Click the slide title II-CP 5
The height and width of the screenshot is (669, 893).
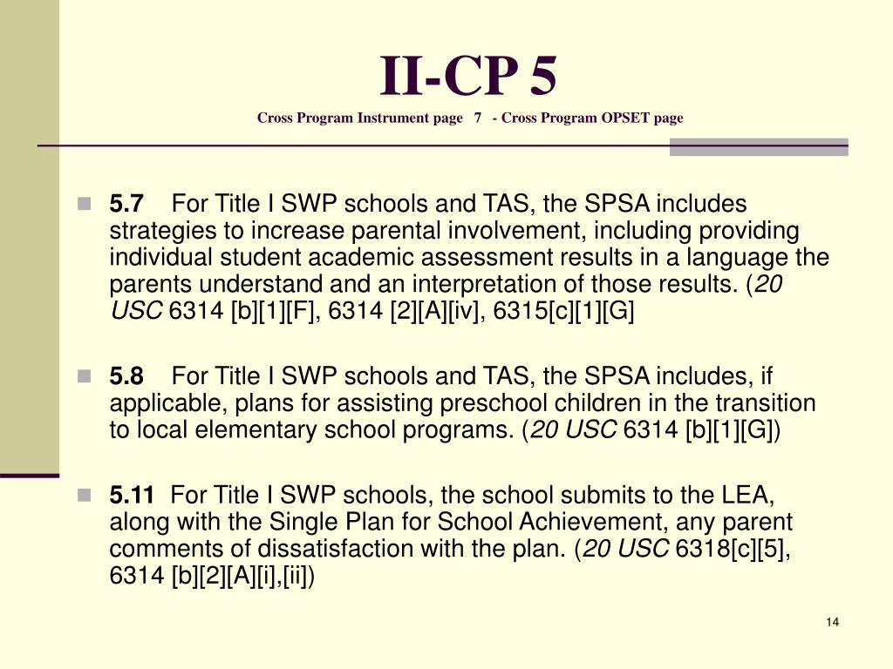click(468, 77)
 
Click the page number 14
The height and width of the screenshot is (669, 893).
click(831, 622)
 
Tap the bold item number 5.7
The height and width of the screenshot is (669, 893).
click(126, 205)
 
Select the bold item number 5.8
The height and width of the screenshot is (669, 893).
click(126, 376)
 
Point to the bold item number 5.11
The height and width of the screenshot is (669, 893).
click(132, 496)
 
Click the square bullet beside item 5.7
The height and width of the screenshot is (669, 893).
click(84, 205)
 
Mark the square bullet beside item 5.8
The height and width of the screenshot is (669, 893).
click(84, 376)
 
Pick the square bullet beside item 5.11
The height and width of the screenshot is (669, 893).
click(84, 496)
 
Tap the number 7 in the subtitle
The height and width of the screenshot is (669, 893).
click(478, 118)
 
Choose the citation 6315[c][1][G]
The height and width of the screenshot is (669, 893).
click(564, 312)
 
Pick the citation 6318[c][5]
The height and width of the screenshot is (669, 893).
click(733, 550)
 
